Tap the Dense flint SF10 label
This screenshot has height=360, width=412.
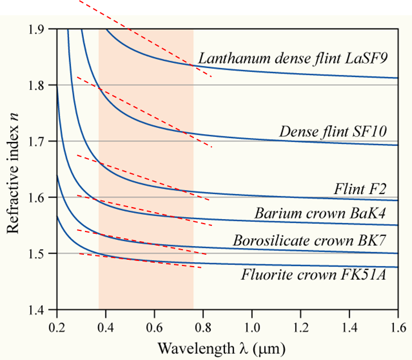[x=333, y=132]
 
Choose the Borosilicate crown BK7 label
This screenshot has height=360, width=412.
[x=309, y=240]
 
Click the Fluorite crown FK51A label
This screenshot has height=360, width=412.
[x=313, y=276]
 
